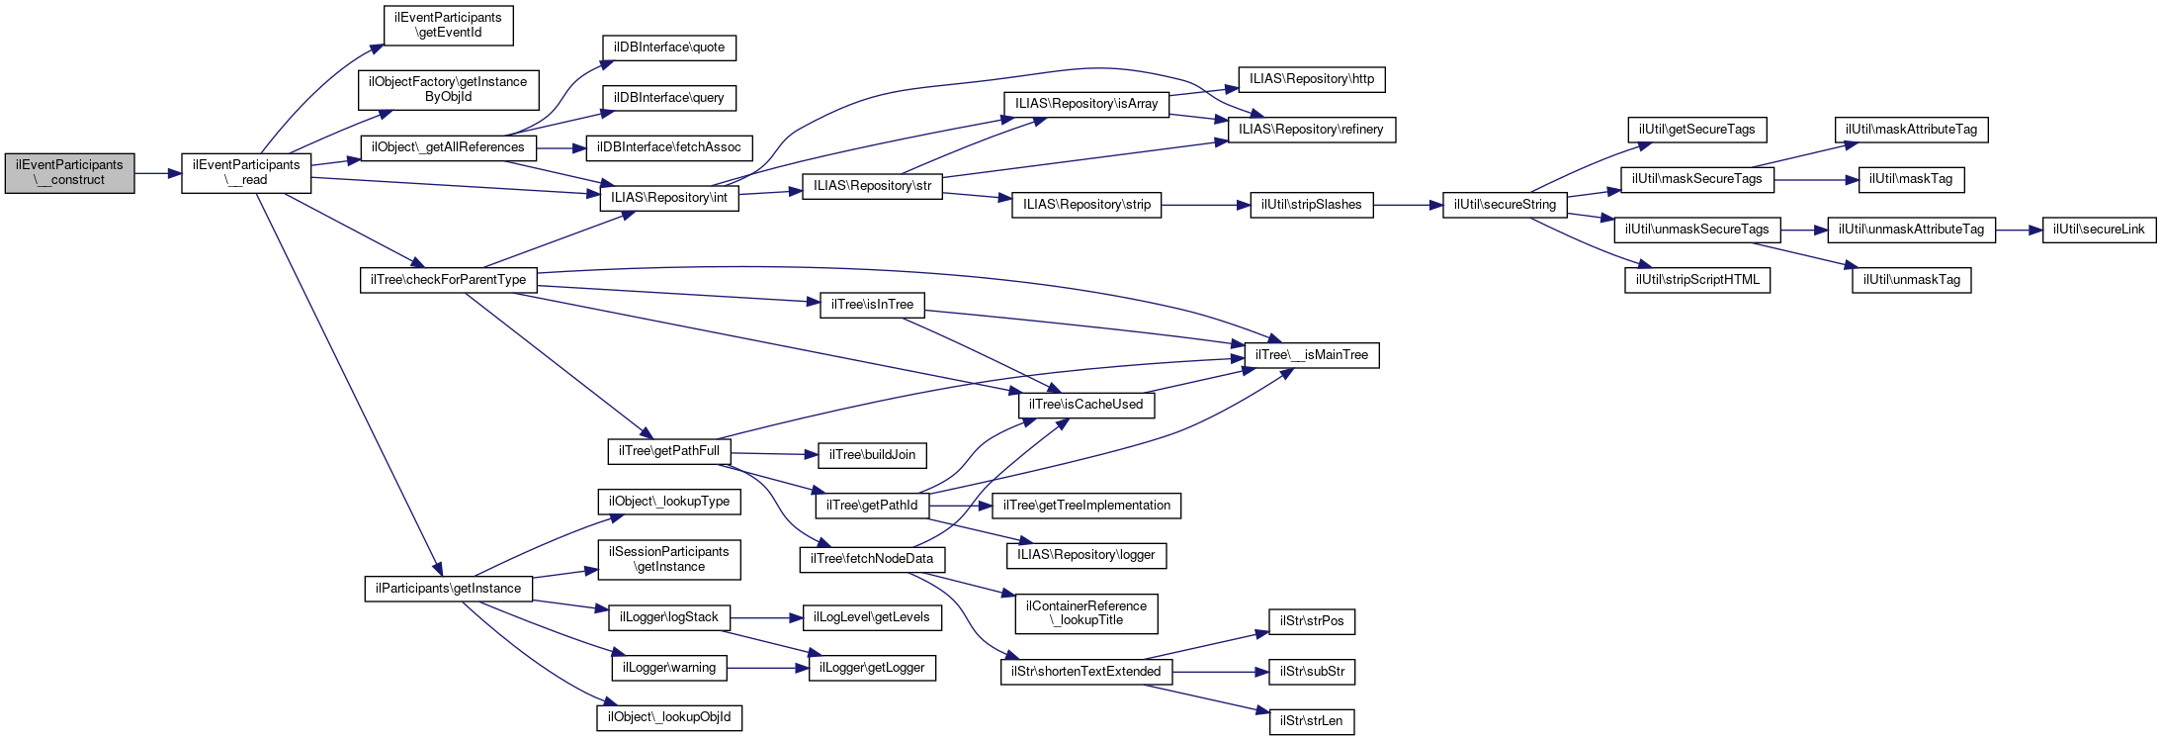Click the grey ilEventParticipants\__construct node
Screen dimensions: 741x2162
click(x=69, y=173)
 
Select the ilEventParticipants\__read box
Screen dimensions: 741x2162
click(x=246, y=173)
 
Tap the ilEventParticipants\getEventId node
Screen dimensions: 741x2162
click(x=448, y=25)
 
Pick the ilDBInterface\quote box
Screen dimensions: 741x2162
click(x=669, y=47)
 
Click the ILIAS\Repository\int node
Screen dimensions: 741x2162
click(x=669, y=198)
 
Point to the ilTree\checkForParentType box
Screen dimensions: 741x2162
click(x=448, y=280)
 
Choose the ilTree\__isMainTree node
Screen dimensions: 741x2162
click(x=1312, y=355)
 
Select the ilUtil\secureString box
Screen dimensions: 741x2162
click(x=1505, y=205)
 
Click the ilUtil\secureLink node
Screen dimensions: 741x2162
click(x=2099, y=230)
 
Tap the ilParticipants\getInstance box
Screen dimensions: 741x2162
click(x=448, y=589)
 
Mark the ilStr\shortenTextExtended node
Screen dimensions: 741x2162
click(x=1085, y=672)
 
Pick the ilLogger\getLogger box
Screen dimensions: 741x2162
click(x=872, y=668)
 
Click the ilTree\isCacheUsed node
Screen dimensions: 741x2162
click(x=1085, y=405)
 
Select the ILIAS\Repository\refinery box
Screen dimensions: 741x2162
click(x=1311, y=130)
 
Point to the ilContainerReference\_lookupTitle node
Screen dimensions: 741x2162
click(x=1085, y=613)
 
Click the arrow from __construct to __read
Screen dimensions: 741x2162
click(x=158, y=174)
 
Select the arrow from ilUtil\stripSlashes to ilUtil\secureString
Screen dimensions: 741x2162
click(x=1408, y=205)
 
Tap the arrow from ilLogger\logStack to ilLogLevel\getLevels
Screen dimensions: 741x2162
click(x=766, y=618)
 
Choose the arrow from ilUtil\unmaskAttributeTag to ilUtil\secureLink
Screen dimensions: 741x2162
click(x=2019, y=230)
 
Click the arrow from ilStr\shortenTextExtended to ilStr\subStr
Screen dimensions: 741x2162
click(x=1221, y=672)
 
